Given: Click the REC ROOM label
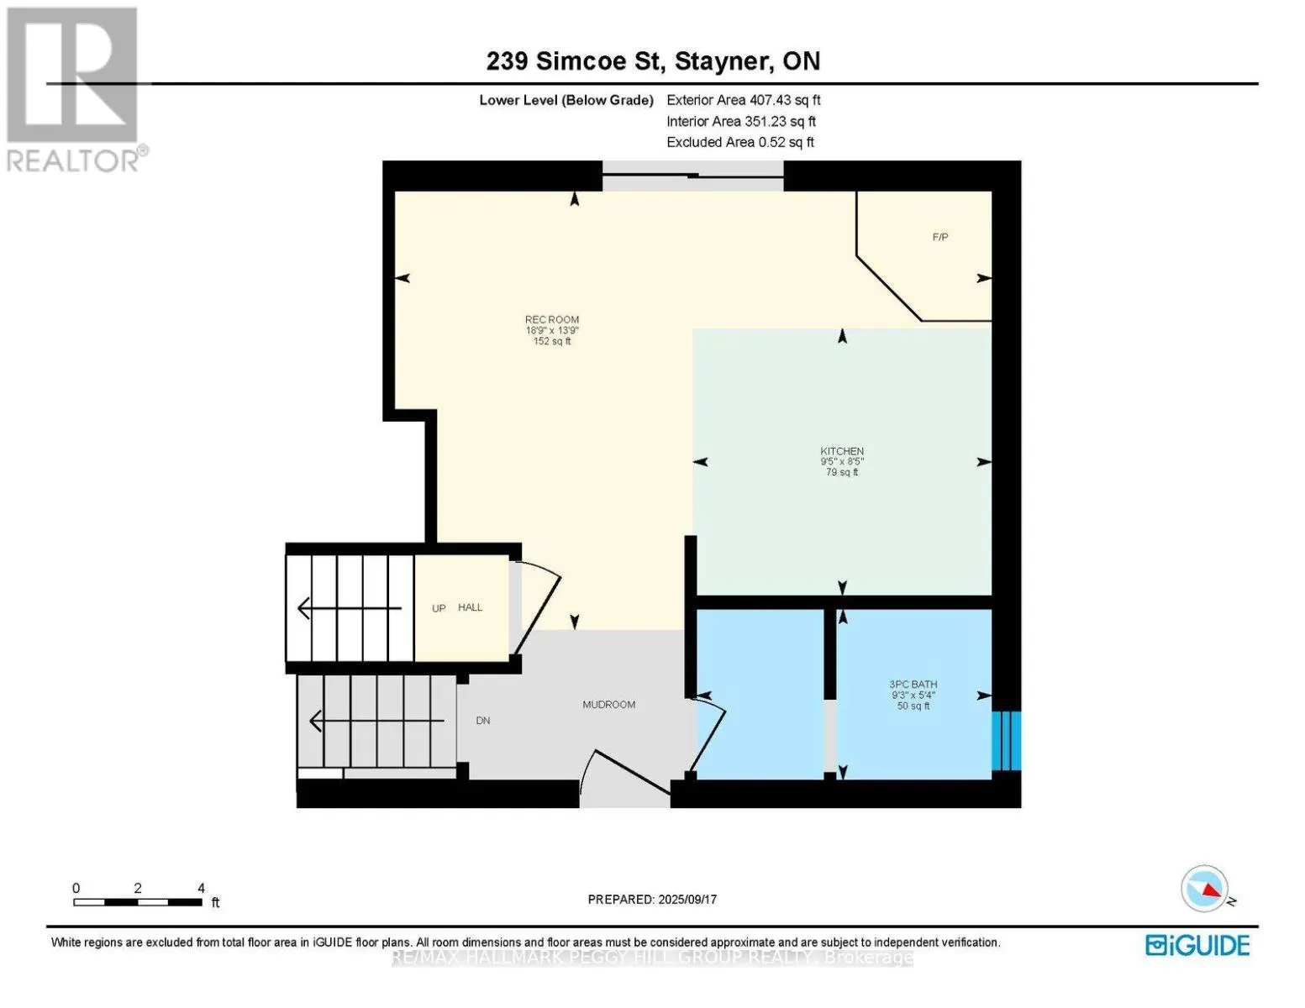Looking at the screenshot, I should pos(552,320).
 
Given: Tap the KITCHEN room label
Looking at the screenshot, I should pos(842,452).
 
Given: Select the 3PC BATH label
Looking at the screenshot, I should pos(913,685).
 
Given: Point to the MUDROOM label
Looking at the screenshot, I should pos(609,705).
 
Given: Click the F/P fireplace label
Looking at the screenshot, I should pos(940,238).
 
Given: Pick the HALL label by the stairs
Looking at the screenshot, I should pos(471,607).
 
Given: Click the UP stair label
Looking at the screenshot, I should pos(439,608).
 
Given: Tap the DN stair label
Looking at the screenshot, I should pos(483,721).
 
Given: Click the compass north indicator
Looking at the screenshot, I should pos(1206,889).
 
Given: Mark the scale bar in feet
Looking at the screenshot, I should pos(138,901).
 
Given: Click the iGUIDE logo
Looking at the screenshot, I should pos(1197,945).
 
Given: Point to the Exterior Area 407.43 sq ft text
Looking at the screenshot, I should pos(743,100).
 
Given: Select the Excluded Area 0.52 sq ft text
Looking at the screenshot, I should pos(739,143).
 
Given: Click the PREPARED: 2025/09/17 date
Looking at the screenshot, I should pos(652,900).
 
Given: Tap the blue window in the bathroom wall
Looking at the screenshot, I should pos(1006,741).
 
